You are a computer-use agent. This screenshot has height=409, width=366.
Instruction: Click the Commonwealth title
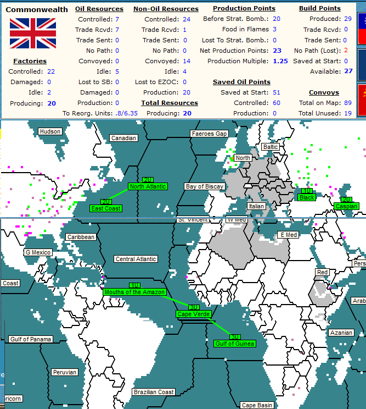coord(37,9)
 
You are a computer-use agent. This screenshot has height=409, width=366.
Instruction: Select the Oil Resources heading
coord(99,9)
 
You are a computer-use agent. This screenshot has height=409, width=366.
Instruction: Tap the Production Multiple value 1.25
coord(280,61)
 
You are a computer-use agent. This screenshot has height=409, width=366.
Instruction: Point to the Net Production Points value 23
coord(277,51)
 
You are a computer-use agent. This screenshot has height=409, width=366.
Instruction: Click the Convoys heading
coord(324,92)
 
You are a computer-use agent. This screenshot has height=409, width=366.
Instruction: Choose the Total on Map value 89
coord(347,103)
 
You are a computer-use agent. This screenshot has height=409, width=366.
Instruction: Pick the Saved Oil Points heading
coord(241,82)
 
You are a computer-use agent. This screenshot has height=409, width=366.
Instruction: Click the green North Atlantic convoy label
coord(148,186)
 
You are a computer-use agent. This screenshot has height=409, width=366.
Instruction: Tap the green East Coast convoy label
coord(106,208)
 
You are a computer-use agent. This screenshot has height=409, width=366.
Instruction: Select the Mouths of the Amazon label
coord(134,292)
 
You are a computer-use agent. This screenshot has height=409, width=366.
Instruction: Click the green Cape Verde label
coord(193,314)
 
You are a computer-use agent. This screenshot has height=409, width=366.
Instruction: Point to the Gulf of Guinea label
coord(235,344)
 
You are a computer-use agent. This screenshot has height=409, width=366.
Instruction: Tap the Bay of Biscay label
coord(205,186)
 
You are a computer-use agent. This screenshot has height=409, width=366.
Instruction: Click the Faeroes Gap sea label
coord(209,134)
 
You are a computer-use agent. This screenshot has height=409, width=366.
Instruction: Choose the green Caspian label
coord(346,206)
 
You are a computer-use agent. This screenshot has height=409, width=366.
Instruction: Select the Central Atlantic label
coord(136,259)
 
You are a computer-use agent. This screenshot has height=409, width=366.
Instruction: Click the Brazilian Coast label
coord(154,392)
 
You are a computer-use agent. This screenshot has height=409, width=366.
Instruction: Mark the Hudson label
coord(50,131)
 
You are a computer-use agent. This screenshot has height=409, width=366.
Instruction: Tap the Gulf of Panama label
coord(31,339)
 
